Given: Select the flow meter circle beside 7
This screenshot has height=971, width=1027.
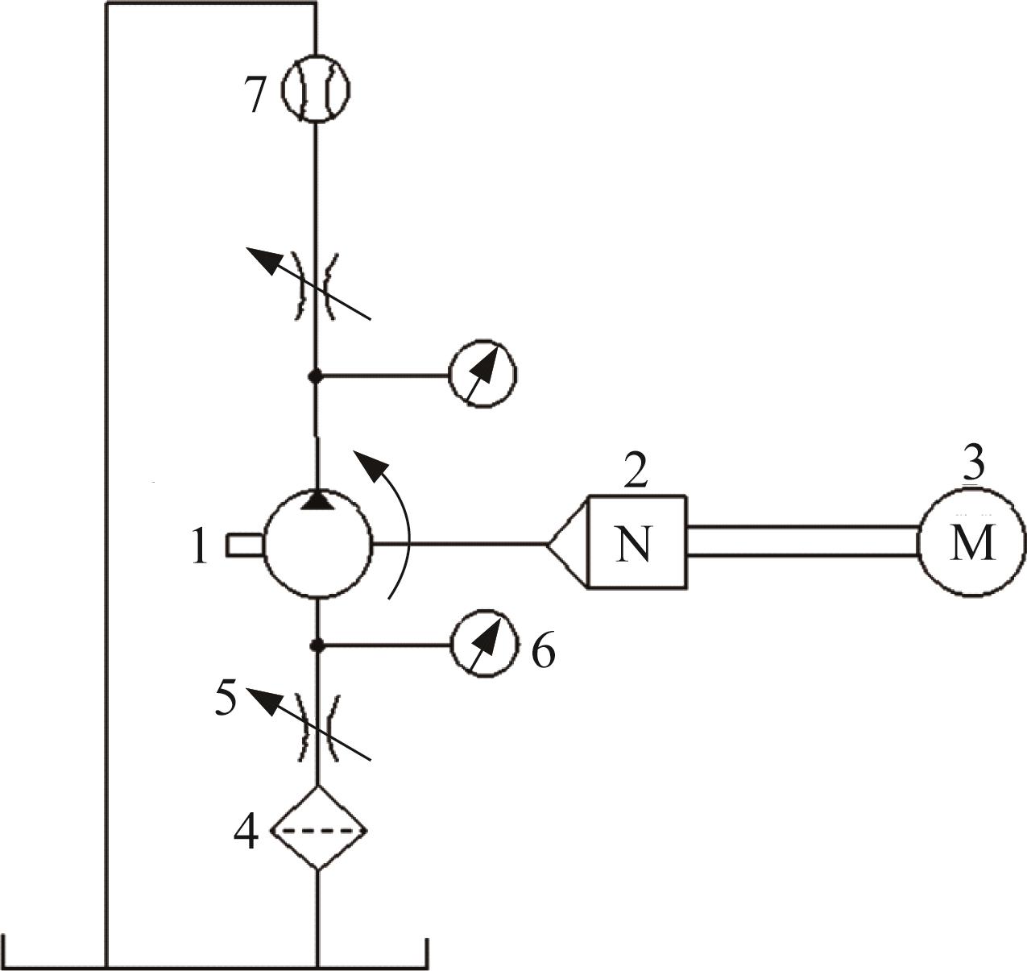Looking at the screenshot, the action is [x=316, y=89].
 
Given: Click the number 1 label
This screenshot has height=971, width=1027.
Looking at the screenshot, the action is [x=200, y=546].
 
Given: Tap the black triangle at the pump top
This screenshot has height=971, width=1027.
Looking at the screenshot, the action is [x=317, y=500].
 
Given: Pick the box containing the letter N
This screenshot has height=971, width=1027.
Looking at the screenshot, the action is [x=637, y=542].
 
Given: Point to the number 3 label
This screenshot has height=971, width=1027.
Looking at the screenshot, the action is [x=974, y=467].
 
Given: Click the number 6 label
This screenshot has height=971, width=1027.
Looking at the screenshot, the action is [x=544, y=649].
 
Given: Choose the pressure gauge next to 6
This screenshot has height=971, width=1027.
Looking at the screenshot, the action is [x=485, y=644].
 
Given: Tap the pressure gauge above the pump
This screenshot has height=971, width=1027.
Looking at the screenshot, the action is [x=482, y=374].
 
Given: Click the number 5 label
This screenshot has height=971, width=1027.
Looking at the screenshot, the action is [x=226, y=698].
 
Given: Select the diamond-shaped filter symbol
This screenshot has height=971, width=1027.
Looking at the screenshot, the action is [x=318, y=827].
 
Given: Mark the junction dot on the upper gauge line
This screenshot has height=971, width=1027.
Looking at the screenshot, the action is [x=315, y=376].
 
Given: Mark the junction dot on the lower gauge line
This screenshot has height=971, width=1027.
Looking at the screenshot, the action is [x=317, y=645].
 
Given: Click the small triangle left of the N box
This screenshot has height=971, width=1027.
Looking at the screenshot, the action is [x=567, y=543].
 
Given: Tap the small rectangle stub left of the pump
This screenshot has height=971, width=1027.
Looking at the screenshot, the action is [x=245, y=546].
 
